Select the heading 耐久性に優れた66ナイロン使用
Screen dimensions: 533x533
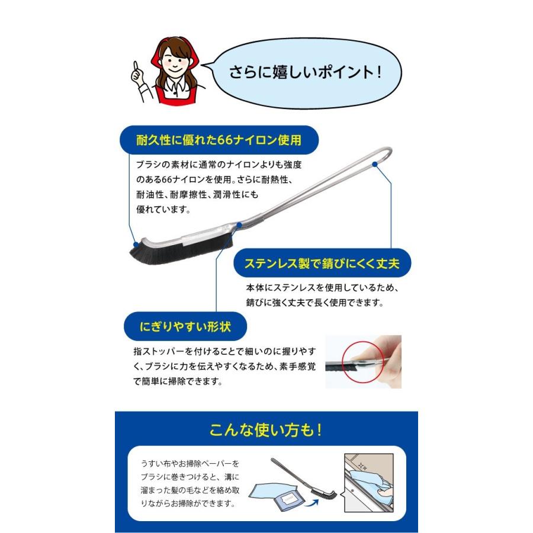coord(219,140)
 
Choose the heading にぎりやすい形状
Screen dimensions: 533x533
coord(185,326)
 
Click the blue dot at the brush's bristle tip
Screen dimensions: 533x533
coord(136,243)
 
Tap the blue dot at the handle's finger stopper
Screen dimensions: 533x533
coord(239,225)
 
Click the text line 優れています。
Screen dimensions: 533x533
coord(163,209)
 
